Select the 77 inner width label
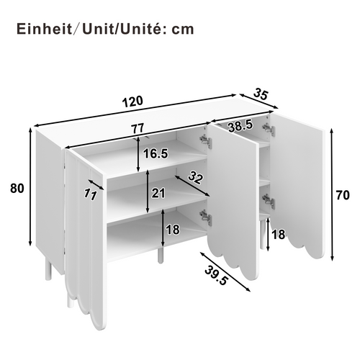(139, 128)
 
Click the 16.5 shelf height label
(156, 153)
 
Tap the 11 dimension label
(91, 192)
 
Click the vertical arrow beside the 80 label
(31, 189)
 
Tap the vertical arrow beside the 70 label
(330, 194)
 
